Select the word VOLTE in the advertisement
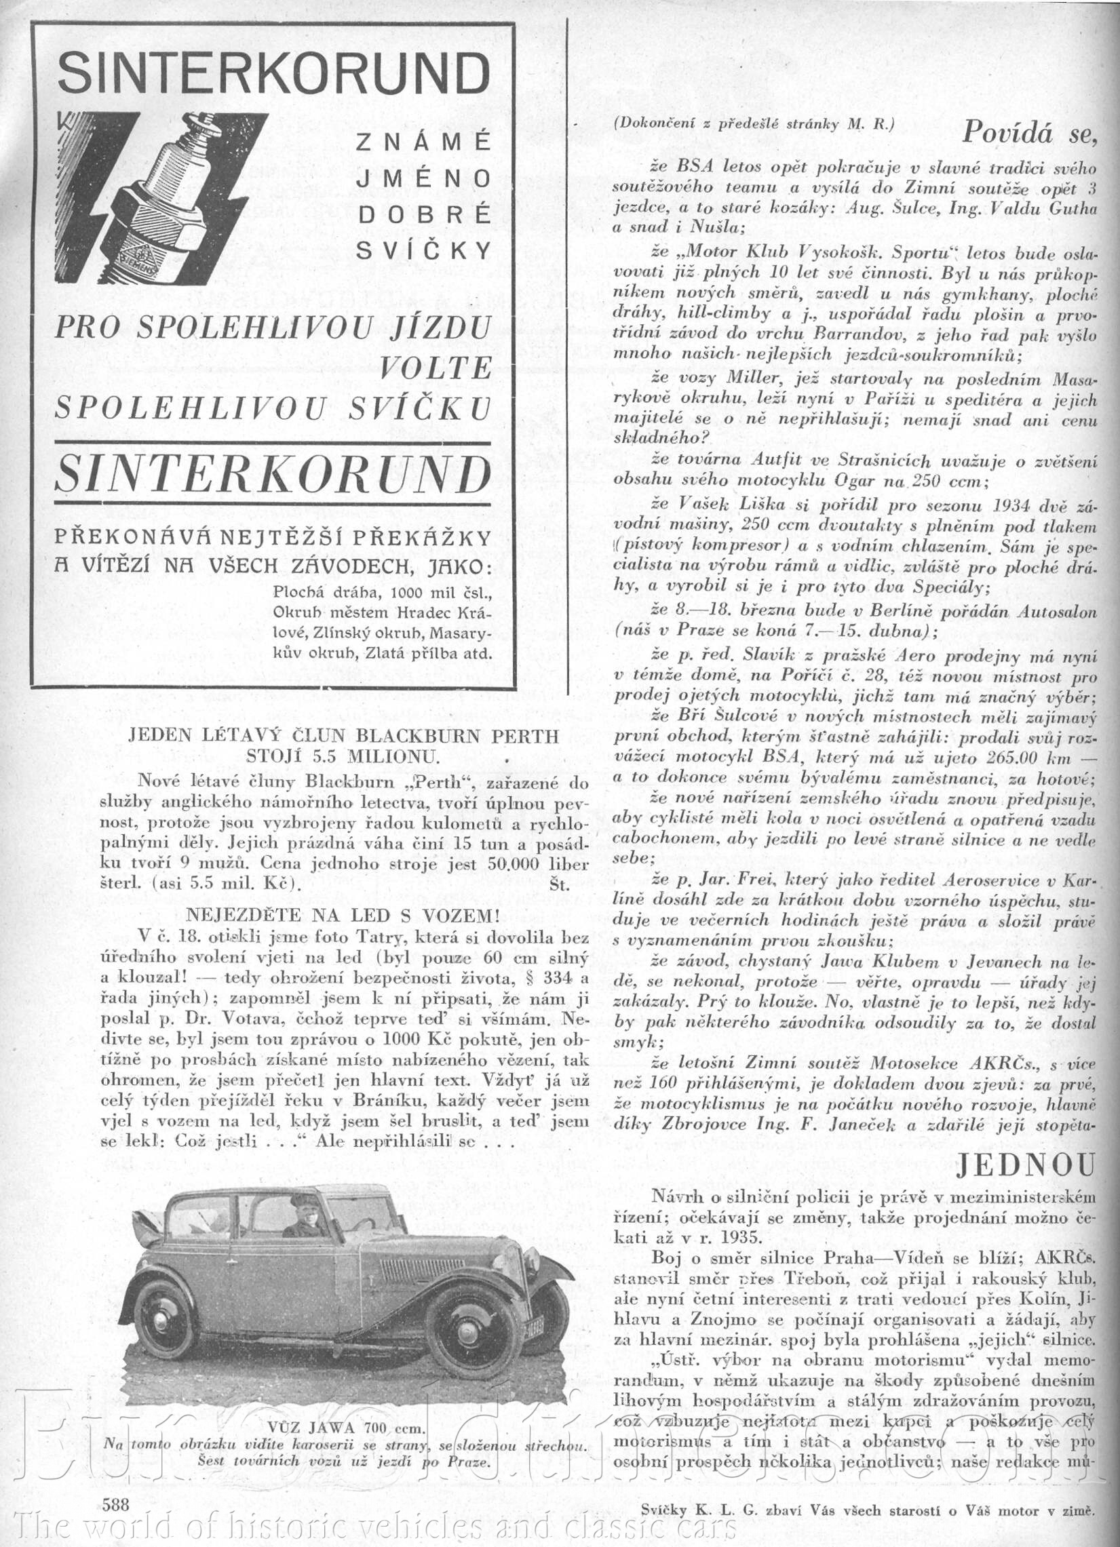(436, 369)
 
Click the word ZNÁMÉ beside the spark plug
(423, 142)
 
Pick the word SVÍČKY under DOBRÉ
(423, 251)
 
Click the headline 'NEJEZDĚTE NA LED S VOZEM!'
(343, 916)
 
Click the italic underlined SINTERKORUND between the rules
(273, 474)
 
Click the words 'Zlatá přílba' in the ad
(409, 652)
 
